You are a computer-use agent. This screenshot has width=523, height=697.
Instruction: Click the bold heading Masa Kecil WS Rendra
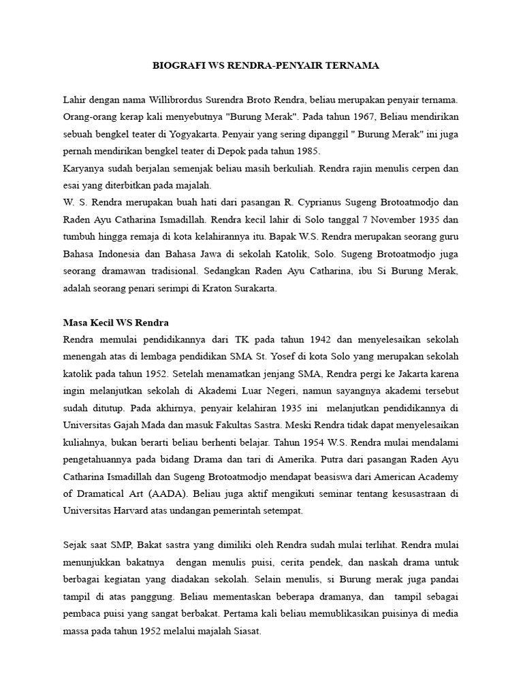[x=116, y=322]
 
